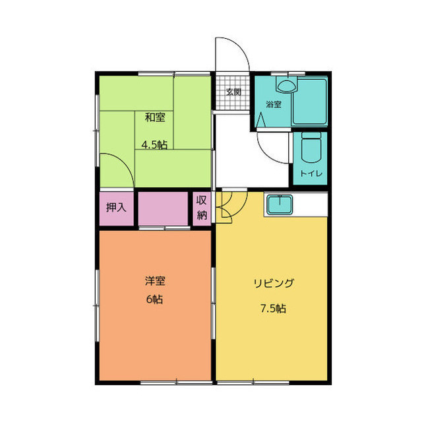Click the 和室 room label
(155, 118)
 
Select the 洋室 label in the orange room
(155, 281)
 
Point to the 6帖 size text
(155, 299)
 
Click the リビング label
(273, 284)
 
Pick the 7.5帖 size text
(272, 308)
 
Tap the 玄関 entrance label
(233, 92)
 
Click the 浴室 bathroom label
(274, 104)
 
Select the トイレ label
(310, 174)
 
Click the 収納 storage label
(202, 208)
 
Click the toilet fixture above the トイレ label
(310, 149)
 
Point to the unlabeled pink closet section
(164, 208)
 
